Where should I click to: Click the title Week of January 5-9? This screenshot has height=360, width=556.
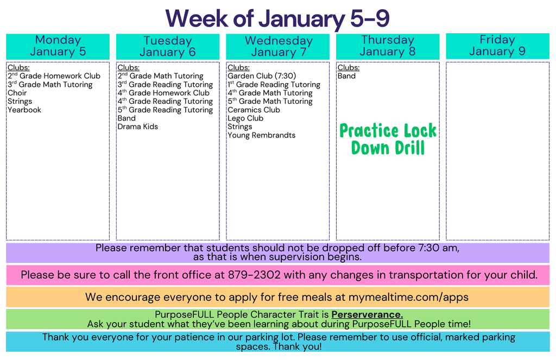(x=277, y=18)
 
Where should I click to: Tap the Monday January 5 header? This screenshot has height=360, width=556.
(x=58, y=46)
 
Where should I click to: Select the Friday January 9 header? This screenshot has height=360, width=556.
(x=497, y=46)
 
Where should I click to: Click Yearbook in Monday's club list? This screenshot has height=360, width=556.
(x=24, y=110)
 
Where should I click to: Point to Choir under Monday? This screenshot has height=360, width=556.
(x=17, y=93)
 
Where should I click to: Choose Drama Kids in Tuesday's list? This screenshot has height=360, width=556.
(x=138, y=127)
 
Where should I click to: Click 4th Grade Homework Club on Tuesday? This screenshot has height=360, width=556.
(x=163, y=93)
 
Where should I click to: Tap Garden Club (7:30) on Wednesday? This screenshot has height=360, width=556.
(x=262, y=76)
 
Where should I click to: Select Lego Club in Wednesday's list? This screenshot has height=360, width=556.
(x=245, y=118)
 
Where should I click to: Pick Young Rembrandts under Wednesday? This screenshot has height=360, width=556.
(x=262, y=135)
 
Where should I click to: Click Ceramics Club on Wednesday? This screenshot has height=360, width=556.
(x=254, y=110)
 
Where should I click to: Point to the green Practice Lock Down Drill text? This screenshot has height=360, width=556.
(x=388, y=139)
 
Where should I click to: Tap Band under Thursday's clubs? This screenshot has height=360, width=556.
(x=346, y=76)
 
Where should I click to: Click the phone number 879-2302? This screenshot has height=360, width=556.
(x=254, y=275)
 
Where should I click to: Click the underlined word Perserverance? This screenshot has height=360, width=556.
(x=367, y=315)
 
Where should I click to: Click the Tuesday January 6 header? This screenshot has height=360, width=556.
(x=168, y=47)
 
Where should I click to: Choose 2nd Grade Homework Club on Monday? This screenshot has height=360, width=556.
(x=54, y=76)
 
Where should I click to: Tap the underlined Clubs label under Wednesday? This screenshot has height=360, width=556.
(x=238, y=68)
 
